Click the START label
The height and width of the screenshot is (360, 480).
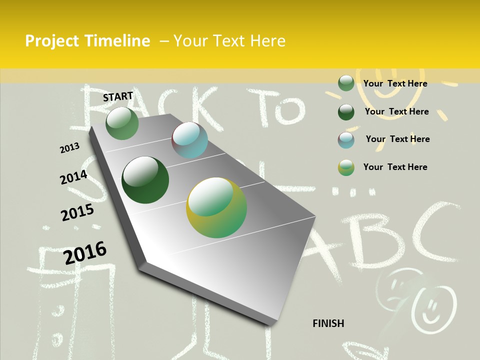pos(118,96)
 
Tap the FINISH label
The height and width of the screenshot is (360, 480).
pos(328,323)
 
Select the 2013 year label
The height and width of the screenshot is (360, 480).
pos(69,148)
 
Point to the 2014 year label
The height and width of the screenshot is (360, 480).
pos(73,177)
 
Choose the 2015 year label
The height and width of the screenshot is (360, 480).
pos(77,212)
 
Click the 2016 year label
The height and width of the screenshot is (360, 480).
pos(85,252)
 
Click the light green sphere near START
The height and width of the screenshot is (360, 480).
pos(122,123)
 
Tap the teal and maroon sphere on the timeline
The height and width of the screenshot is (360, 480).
pos(189,140)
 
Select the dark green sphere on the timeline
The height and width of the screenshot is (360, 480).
pos(145,180)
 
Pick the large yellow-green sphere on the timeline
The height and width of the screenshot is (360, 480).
pos(216,207)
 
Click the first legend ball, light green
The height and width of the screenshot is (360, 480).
pos(346,83)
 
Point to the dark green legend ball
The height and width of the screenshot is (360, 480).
pos(346,112)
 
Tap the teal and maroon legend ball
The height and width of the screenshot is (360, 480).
pos(346,140)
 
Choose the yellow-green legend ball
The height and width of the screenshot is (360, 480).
pos(346,167)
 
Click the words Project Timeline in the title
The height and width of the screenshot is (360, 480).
pos(87,41)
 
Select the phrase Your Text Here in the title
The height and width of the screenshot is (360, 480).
pos(229,41)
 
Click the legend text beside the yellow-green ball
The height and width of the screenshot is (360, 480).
pos(395,167)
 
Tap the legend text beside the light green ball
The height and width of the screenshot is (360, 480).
pos(395,83)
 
